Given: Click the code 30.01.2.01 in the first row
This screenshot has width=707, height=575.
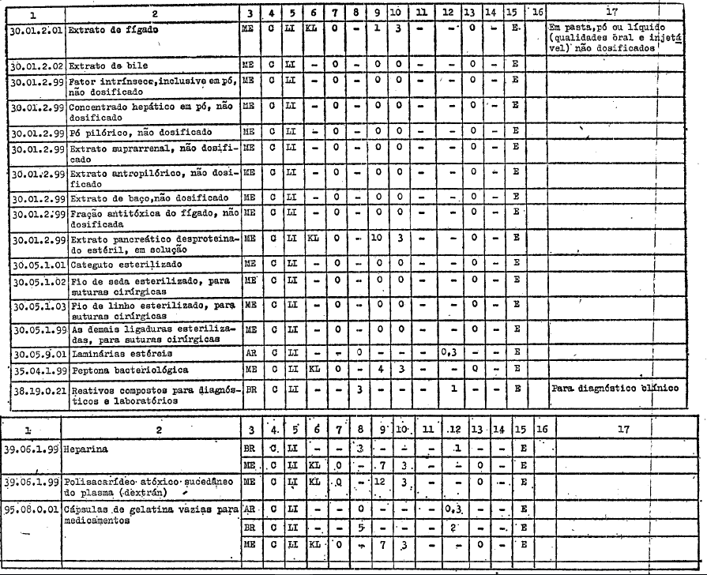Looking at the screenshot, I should (x=34, y=28).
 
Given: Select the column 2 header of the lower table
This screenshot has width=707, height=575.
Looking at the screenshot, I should (x=150, y=428).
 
